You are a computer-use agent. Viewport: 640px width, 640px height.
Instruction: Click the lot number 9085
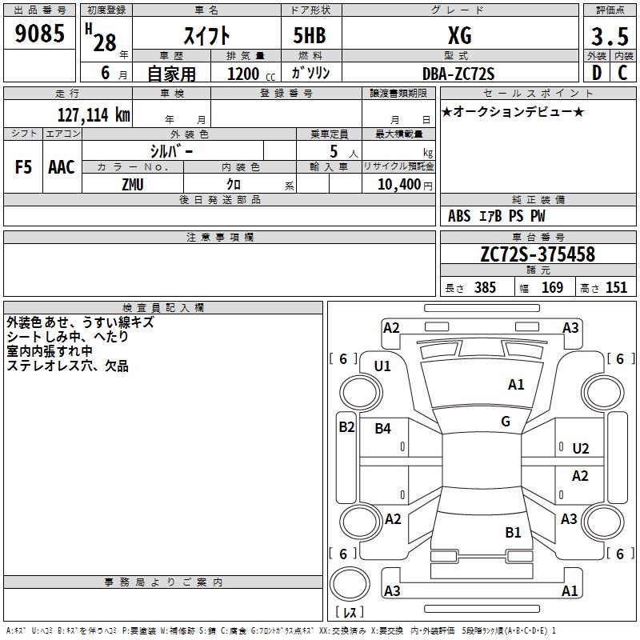pyautogui.click(x=40, y=34)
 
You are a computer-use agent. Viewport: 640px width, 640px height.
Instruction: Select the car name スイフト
pyautogui.click(x=206, y=35)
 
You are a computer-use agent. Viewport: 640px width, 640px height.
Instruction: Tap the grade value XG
pyautogui.click(x=459, y=35)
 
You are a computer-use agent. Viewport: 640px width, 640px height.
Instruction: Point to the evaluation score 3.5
pyautogui.click(x=609, y=36)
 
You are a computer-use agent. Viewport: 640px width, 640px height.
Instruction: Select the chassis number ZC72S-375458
pyautogui.click(x=537, y=254)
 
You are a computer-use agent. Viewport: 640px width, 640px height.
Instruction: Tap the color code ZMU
pyautogui.click(x=133, y=185)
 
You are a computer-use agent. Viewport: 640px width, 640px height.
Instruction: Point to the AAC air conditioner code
pyautogui.click(x=62, y=167)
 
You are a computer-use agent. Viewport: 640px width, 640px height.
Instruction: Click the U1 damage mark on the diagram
pyautogui.click(x=382, y=366)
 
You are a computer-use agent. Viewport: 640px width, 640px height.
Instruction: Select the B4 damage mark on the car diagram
pyautogui.click(x=383, y=429)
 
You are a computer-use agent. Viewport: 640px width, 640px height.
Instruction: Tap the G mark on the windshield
pyautogui.click(x=506, y=422)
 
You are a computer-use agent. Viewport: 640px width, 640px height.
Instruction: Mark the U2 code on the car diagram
pyautogui.click(x=581, y=449)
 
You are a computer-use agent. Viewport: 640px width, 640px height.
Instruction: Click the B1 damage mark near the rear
pyautogui.click(x=513, y=532)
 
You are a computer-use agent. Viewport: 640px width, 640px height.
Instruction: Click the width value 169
pyautogui.click(x=552, y=288)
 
